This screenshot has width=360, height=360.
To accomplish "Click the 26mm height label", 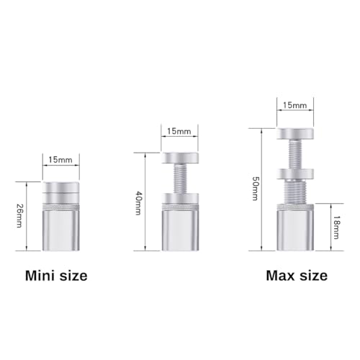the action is point(19,216).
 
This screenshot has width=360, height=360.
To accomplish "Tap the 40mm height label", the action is point(138,203).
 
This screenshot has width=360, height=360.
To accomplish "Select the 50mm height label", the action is point(255,189).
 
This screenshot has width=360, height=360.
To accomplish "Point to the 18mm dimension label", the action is point(336,228).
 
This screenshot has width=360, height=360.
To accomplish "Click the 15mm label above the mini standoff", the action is point(60,160).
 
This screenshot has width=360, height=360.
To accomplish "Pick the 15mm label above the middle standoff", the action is point(179,131).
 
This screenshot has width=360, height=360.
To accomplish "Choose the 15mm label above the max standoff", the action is point(294,105).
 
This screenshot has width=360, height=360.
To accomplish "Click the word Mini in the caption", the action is point(40,276).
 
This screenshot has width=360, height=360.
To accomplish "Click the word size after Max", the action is point(313,276).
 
